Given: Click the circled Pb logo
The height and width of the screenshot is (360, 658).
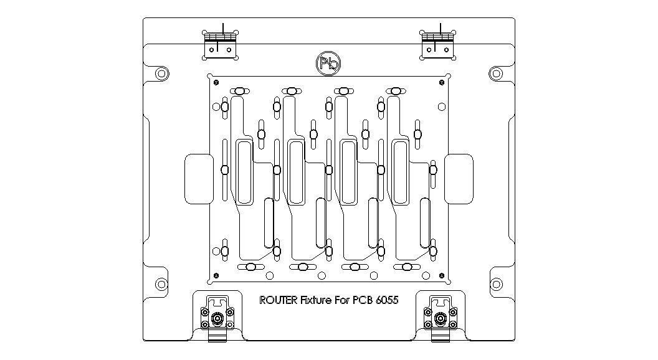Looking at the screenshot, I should (328, 64).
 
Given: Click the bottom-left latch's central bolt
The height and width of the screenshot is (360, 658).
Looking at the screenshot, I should (217, 320).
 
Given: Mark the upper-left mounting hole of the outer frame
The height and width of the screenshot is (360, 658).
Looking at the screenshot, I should (161, 73).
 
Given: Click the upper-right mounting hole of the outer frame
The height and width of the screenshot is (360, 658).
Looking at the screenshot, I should (495, 73).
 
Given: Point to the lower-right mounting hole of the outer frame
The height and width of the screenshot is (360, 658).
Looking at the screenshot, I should (495, 284).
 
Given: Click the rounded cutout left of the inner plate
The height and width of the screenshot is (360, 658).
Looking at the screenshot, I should (199, 179).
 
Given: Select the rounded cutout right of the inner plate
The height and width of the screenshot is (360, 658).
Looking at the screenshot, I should (459, 179).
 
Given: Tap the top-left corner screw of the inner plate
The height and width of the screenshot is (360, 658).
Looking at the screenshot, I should (215, 82).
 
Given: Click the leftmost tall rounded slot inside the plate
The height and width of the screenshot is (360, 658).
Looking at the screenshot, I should (244, 172).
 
